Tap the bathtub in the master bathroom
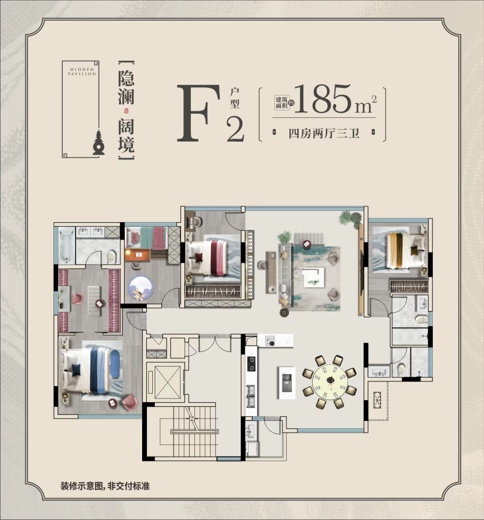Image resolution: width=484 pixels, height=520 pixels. point(67,245)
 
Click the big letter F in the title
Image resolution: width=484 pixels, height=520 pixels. point(199,113)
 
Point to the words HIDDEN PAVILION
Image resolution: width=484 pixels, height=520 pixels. point(82,72)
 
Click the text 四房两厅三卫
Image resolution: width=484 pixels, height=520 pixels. point(324,133)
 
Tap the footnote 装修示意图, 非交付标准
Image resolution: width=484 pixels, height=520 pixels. point(105,486)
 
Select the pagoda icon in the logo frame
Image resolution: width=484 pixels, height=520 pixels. point(99,143)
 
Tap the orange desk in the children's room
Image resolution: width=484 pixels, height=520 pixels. point(137,254)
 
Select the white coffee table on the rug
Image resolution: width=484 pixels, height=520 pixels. point(314,277)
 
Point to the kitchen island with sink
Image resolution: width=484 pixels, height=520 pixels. point(286,382)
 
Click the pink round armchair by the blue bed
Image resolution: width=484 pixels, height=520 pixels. point(130,402)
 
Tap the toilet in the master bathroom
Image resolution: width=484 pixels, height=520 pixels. point(112,256)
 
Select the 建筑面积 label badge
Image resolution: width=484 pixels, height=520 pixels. point(282,103)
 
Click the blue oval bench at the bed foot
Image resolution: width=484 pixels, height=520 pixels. point(115,364)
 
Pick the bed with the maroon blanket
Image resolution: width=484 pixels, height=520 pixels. point(207,258)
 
